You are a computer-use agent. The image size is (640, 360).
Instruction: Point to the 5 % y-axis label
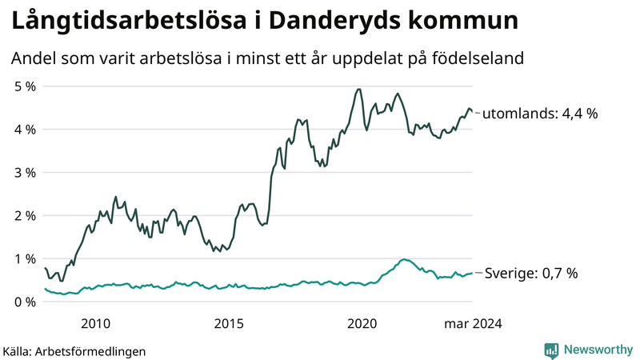tap(24, 86)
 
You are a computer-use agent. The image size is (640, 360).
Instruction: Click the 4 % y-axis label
tap(24, 129)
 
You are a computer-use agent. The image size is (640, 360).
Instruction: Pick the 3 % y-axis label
tap(24, 172)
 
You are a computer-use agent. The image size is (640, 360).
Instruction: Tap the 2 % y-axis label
tap(24, 215)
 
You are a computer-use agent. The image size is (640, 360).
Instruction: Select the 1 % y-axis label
tap(24, 258)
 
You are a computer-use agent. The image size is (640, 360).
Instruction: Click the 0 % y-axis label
tap(24, 302)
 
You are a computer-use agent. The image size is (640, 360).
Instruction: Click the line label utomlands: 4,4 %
tap(541, 114)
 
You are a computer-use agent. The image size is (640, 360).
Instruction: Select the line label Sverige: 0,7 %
tap(532, 274)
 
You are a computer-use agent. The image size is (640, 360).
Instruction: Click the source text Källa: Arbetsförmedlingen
tap(74, 350)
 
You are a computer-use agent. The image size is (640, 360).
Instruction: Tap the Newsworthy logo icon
tap(551, 350)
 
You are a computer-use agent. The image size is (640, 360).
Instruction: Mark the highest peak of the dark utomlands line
tap(358, 89)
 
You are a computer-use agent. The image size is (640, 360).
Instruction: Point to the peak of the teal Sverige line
tap(405, 259)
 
